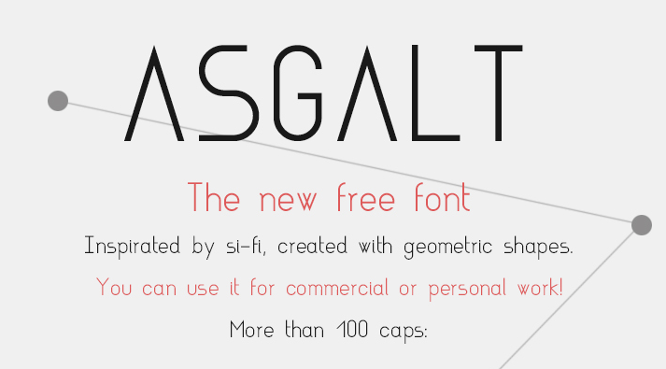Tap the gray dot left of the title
pyautogui.click(x=58, y=101)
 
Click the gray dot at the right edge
pyautogui.click(x=641, y=224)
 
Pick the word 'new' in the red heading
pyautogui.click(x=290, y=200)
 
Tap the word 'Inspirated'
pyautogui.click(x=131, y=248)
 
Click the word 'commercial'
pyautogui.click(x=337, y=288)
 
